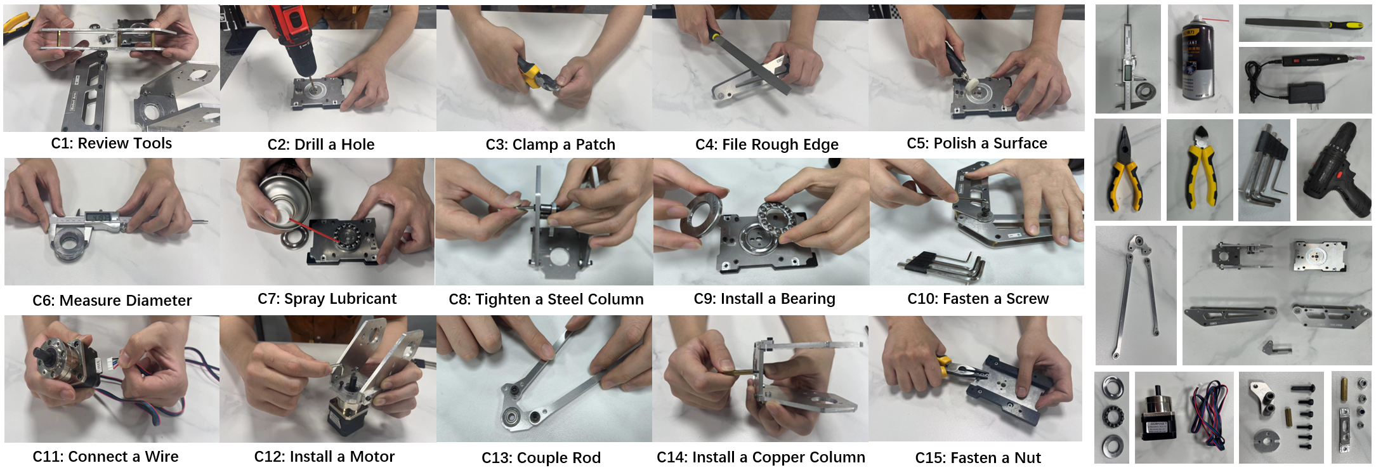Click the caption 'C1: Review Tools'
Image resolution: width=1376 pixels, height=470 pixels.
(112, 143)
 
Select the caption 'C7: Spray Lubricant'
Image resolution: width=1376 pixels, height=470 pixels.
(327, 299)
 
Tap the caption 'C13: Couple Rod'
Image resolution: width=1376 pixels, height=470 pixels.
(541, 458)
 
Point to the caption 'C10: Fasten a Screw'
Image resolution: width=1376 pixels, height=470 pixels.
(978, 299)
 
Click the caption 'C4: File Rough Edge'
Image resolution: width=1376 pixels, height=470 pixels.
(767, 145)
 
